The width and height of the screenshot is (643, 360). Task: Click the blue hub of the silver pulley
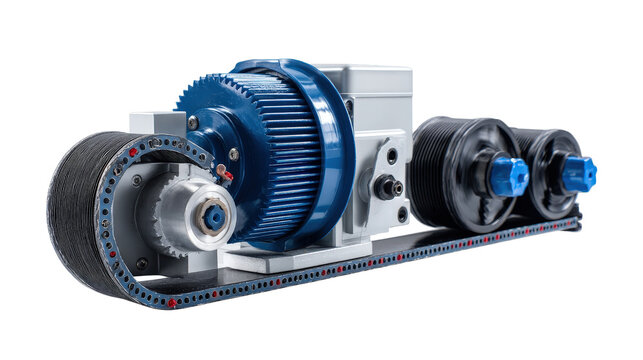click(213, 216)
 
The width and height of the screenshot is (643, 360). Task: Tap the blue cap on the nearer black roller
click(508, 175)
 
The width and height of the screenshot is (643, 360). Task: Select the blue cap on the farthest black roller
click(577, 173)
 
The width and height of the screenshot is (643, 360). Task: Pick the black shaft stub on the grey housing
click(385, 186)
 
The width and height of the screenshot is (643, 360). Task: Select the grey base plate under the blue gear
click(290, 257)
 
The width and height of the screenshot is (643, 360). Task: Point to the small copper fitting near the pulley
click(224, 172)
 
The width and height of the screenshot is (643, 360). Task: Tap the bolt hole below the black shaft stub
click(401, 213)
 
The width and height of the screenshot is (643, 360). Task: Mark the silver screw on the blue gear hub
click(192, 123)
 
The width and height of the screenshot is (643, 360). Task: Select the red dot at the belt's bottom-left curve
click(171, 301)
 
